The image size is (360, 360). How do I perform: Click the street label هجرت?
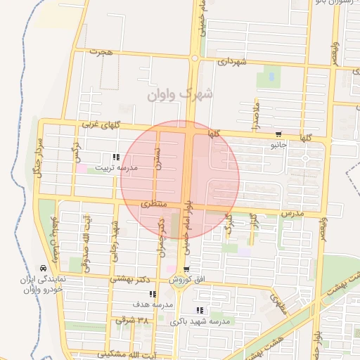point(101,52)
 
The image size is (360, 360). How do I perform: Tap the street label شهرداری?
point(231,61)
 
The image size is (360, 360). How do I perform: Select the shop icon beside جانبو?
point(279,134)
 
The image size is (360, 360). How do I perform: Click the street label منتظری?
point(153,203)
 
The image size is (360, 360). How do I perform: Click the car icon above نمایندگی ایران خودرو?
point(44,268)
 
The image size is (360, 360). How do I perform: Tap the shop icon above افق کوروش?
point(186,269)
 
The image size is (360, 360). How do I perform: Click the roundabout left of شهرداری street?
point(195,59)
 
